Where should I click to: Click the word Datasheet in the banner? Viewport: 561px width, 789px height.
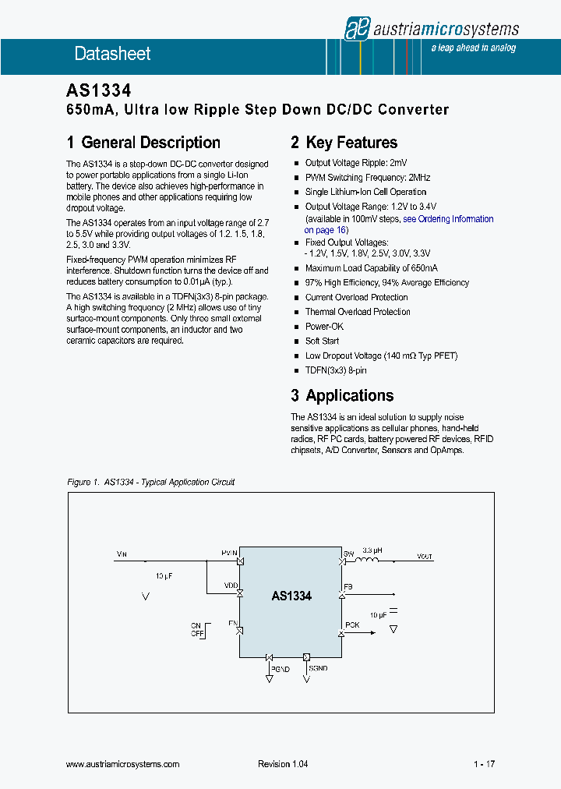tap(112, 54)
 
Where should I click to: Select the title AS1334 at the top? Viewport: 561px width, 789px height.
tap(97, 91)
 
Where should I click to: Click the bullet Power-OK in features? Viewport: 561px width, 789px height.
tap(325, 327)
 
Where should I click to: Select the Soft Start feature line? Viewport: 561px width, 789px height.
tap(322, 341)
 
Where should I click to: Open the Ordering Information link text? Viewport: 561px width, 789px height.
tap(455, 219)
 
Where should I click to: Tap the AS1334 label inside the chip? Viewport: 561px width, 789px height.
tap(291, 596)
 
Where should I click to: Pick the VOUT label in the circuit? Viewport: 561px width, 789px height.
tap(425, 557)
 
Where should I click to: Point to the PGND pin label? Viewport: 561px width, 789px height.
tap(280, 669)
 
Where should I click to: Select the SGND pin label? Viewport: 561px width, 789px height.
tap(318, 669)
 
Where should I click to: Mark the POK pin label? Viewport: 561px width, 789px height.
tap(352, 625)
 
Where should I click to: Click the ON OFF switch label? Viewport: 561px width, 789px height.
tap(197, 630)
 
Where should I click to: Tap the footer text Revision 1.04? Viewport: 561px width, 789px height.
tap(283, 764)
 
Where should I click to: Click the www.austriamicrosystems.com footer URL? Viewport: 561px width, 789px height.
tap(123, 764)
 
